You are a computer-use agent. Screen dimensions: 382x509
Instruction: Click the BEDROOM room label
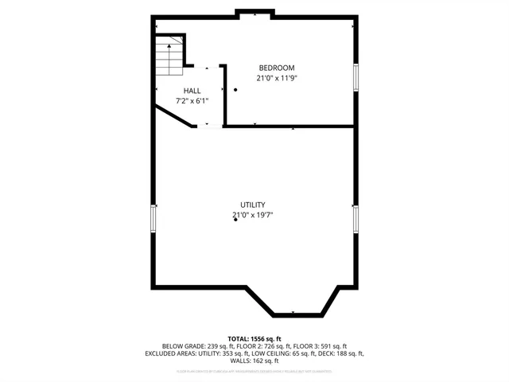pos(277,68)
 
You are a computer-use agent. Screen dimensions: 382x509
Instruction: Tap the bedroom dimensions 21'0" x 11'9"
pos(277,78)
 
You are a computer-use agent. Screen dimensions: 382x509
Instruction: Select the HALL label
pos(192,91)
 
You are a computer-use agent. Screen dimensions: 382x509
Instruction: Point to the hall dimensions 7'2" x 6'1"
pos(192,101)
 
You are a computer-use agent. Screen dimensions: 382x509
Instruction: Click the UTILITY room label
pos(253,205)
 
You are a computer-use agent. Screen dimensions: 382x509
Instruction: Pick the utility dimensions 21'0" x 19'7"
pos(253,215)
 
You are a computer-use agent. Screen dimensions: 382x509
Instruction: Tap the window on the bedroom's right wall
pos(356,77)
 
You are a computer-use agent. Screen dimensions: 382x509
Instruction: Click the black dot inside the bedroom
pos(235,90)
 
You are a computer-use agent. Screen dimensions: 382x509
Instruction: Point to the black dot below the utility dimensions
pos(235,220)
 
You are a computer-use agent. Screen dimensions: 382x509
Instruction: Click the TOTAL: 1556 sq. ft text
pos(254,339)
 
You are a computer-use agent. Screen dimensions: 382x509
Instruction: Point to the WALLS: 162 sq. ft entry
pos(254,361)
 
